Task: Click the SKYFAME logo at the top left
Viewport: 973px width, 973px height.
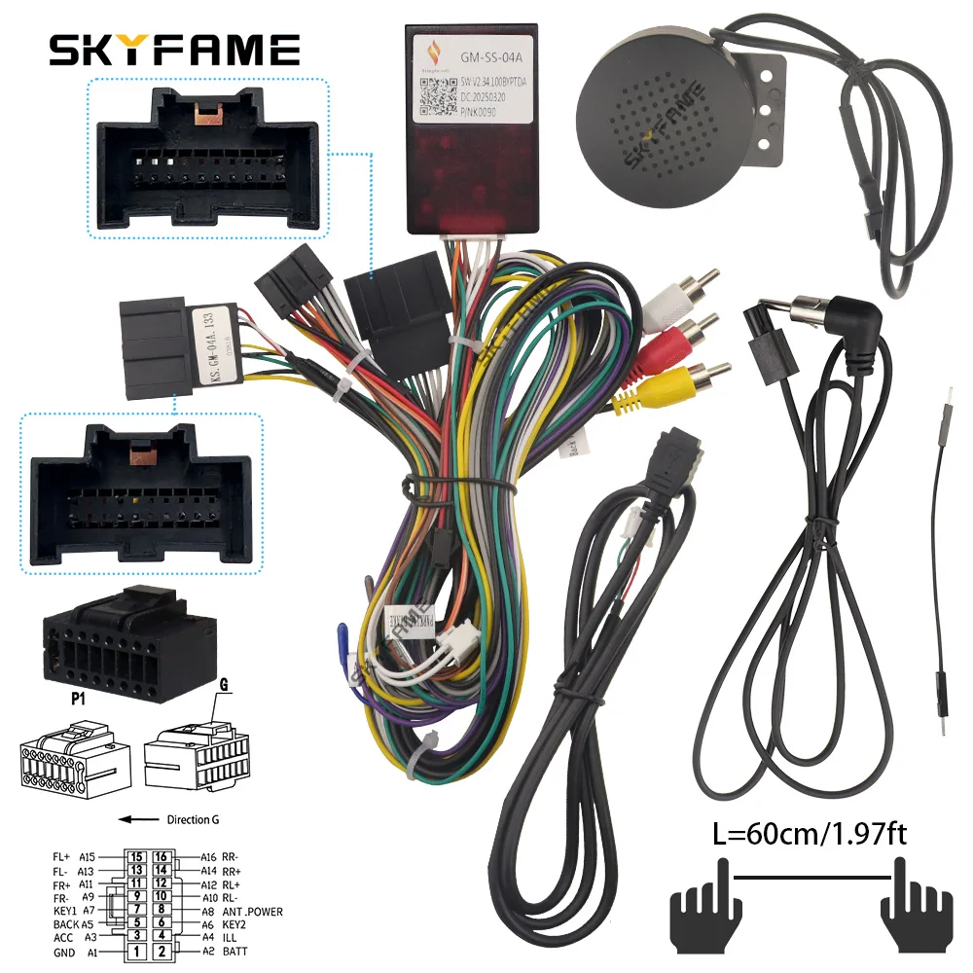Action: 175,50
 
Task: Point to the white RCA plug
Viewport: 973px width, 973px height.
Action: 691,282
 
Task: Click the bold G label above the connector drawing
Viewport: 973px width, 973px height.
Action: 223,684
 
